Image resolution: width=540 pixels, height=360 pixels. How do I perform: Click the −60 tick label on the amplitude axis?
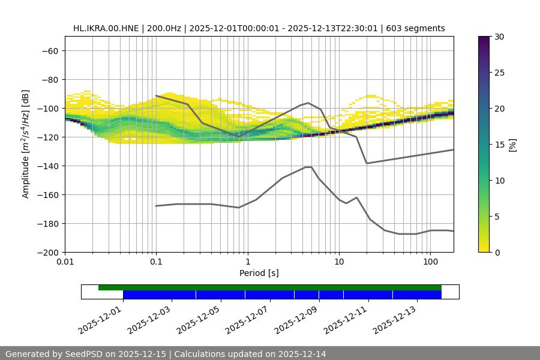click(50, 50)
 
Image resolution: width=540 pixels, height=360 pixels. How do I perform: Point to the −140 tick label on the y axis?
click(47, 166)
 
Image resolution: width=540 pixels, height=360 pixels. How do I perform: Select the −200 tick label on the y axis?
click(47, 252)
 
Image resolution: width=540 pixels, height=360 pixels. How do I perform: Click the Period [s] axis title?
click(259, 273)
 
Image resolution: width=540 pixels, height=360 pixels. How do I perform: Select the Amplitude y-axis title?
click(26, 144)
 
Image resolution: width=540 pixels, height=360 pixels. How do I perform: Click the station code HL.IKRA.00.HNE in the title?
click(106, 28)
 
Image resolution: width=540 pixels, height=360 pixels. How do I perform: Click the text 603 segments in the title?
click(415, 28)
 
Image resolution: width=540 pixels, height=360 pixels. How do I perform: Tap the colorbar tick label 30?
click(499, 37)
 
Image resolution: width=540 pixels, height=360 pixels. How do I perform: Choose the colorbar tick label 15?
click(499, 145)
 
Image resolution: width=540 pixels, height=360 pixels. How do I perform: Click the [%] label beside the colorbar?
click(512, 145)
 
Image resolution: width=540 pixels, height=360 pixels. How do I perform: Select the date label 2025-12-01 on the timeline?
click(100, 318)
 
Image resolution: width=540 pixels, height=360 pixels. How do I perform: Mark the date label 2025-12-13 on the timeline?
click(394, 318)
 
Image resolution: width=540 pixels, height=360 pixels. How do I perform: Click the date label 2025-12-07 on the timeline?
click(247, 318)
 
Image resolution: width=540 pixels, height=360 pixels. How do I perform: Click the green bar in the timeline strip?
click(270, 287)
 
